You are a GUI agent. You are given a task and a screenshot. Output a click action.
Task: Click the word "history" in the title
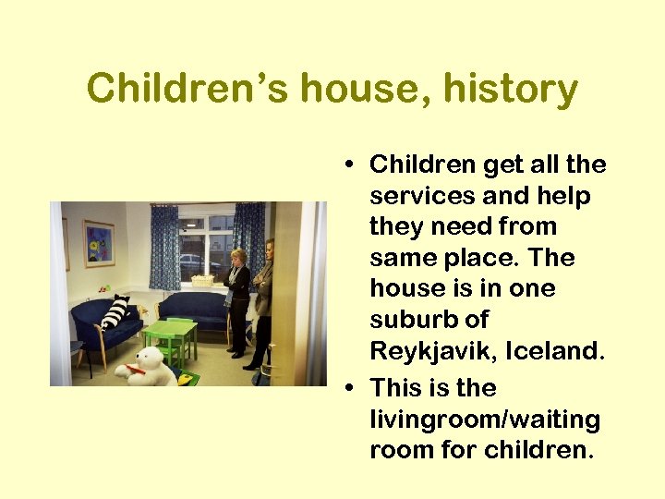click(x=511, y=90)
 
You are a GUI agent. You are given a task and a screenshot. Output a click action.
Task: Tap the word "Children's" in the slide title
click(x=187, y=90)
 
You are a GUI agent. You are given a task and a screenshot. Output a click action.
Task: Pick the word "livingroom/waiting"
click(x=484, y=420)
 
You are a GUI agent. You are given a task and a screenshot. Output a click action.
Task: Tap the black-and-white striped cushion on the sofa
click(x=115, y=312)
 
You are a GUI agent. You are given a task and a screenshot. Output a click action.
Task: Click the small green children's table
click(x=169, y=335)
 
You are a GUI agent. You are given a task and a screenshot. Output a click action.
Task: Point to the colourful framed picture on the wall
click(x=99, y=243)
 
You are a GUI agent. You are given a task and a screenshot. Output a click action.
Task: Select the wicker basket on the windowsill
click(x=202, y=279)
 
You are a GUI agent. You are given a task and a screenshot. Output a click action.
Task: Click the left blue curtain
click(x=164, y=247)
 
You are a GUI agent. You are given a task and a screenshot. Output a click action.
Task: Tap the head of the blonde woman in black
click(x=238, y=257)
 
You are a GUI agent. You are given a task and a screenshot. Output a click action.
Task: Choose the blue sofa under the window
click(x=194, y=310)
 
